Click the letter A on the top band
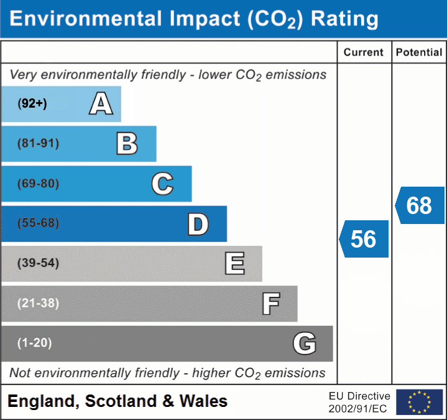pos(101,104)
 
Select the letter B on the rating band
pos(127,144)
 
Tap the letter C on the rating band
pos(162,184)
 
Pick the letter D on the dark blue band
pos(198,224)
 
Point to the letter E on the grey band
pos(234,264)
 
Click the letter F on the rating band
pos(270,304)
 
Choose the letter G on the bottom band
pos(305,343)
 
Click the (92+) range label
pos(32,104)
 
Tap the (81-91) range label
pos(39,144)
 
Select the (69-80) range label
pos(39,184)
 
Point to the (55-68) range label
pos(39,223)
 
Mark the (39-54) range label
pos(39,263)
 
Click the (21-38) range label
pos(39,303)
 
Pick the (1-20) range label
pos(35,343)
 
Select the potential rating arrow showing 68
pos(420,205)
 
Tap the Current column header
pos(364,53)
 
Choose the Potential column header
pos(419,53)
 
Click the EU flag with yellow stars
pos(419,402)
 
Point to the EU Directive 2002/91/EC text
pos(359,402)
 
